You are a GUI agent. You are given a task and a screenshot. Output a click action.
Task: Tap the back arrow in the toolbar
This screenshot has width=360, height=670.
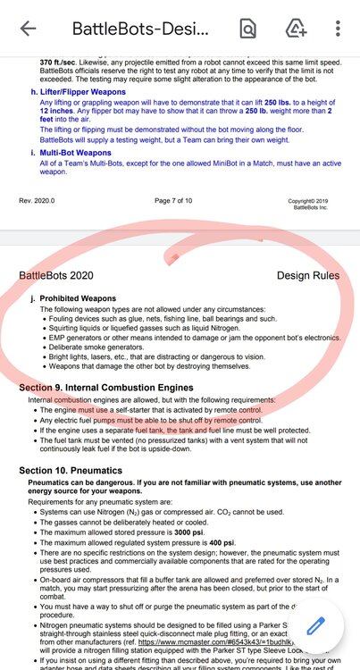28,28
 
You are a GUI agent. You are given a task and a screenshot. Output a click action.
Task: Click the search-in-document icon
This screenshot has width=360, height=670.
247,28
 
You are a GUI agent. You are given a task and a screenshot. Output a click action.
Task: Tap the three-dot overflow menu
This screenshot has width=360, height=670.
335,28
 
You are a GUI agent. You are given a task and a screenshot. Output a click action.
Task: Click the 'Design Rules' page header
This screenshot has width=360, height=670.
308,276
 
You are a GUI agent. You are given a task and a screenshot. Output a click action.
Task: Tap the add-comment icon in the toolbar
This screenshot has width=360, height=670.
294,28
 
